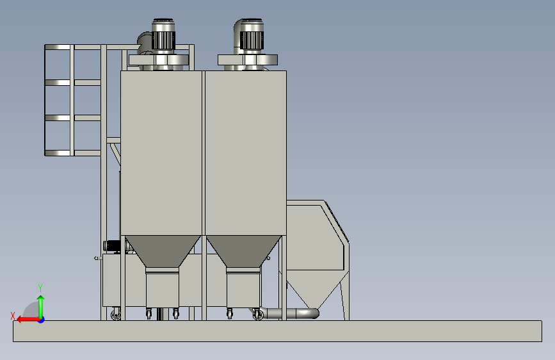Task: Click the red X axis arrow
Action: (28, 320)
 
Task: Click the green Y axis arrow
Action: (41, 307)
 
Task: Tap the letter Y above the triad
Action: (40, 288)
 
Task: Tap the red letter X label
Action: (13, 316)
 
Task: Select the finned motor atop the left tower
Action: (163, 35)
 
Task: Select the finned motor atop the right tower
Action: (252, 35)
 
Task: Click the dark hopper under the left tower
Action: (163, 251)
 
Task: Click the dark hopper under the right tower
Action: (243, 251)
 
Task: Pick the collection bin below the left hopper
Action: (163, 288)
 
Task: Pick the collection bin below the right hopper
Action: (243, 288)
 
